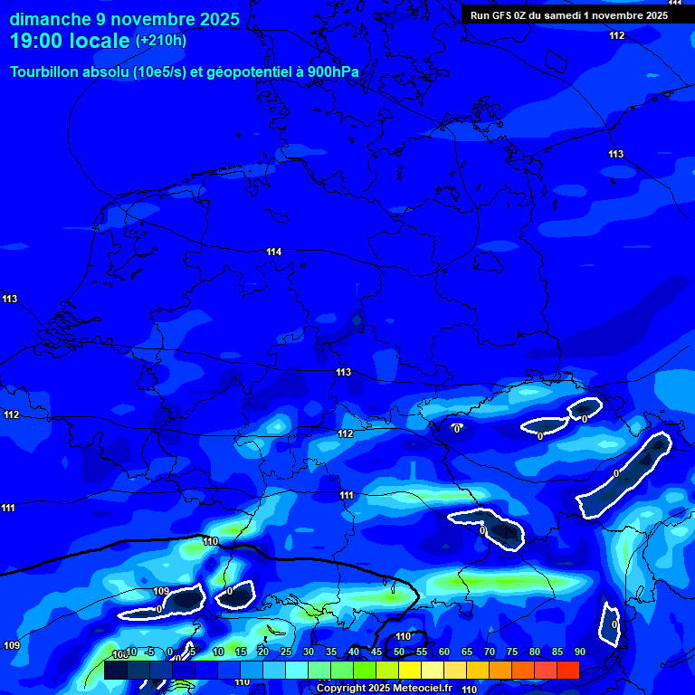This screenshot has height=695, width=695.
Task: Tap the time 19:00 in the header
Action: pyautogui.click(x=35, y=40)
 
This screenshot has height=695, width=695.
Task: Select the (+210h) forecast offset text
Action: pyautogui.click(x=161, y=40)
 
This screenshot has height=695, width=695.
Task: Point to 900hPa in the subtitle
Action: pyautogui.click(x=331, y=72)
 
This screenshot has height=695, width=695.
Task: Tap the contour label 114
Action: pyautogui.click(x=274, y=252)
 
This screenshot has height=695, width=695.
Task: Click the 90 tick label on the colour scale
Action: pyautogui.click(x=579, y=652)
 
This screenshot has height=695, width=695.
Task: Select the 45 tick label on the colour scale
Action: pyautogui.click(x=376, y=652)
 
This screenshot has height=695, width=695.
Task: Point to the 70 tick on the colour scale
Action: pyautogui.click(x=489, y=652)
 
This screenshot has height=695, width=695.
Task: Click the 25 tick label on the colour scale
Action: pyautogui.click(x=285, y=652)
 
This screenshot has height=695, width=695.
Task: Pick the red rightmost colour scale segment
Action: pyautogui.click(x=568, y=670)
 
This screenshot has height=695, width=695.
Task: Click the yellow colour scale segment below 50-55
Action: pyautogui.click(x=410, y=670)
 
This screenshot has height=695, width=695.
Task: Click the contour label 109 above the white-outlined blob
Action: pyautogui.click(x=161, y=592)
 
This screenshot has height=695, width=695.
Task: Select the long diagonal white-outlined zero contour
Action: pyautogui.click(x=624, y=475)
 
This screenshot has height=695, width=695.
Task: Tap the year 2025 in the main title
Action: pyautogui.click(x=215, y=19)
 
